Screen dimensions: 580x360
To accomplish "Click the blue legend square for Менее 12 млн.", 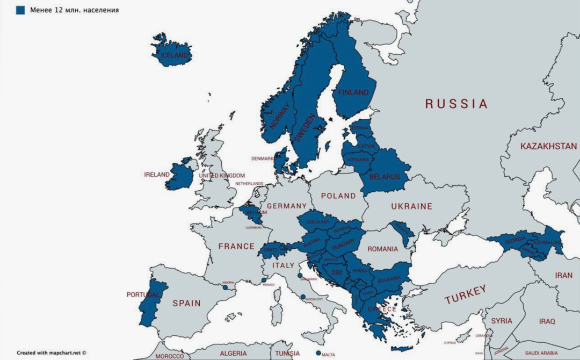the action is coord(20,10).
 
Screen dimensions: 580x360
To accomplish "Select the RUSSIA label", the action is coord(456,104).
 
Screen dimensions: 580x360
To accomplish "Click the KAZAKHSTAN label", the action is coord(548,146).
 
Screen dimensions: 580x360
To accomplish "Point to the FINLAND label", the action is coord(353,92).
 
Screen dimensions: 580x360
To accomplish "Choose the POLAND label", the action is coord(338,196).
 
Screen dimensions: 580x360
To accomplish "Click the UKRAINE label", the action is coord(411,206).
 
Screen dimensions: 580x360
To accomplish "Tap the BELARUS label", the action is coord(385,177).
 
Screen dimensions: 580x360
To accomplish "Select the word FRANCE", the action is coord(236,246).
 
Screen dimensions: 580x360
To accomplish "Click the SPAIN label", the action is coord(186,303).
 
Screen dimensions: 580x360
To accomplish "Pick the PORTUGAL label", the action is coord(143,294).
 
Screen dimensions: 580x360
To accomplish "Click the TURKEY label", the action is coord(465,294).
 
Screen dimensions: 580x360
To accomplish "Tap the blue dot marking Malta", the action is coord(318,353).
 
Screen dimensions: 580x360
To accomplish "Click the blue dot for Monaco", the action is coord(263,280).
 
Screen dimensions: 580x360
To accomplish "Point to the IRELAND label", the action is coord(157,175).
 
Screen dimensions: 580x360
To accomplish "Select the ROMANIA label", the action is coord(383,249).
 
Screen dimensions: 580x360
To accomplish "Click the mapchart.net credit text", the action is coord(52,352).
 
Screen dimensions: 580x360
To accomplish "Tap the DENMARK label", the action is coord(263,159).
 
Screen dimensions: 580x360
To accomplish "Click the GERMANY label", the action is coord(286,206).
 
